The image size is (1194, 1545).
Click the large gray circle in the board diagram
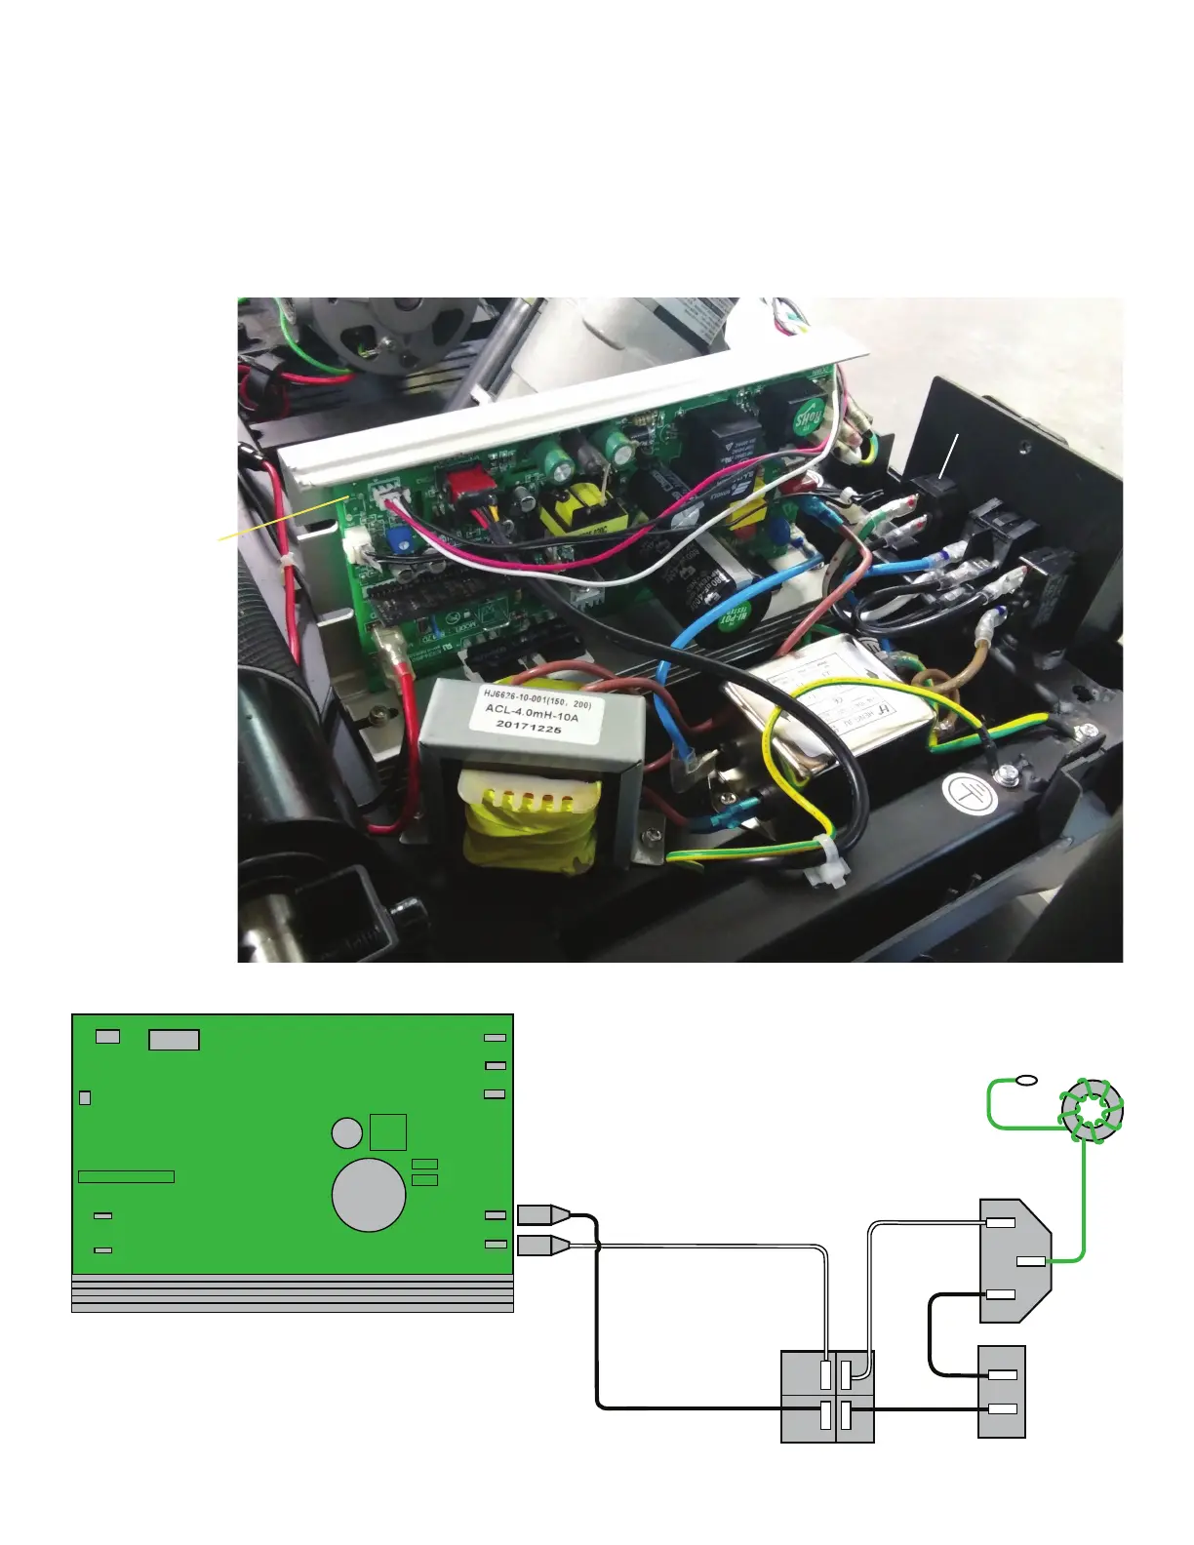(369, 1195)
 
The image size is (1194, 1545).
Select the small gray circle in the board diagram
(346, 1132)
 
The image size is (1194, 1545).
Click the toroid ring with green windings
(1092, 1110)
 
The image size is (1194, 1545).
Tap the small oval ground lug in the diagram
(1026, 1080)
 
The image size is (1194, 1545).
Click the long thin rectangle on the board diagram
(126, 1176)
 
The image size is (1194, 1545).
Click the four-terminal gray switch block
(827, 1396)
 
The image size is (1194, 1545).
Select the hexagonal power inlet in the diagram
(1015, 1260)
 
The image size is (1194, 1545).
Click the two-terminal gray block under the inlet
(1002, 1391)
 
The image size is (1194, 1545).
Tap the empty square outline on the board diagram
(388, 1131)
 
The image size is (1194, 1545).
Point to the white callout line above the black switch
(952, 455)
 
